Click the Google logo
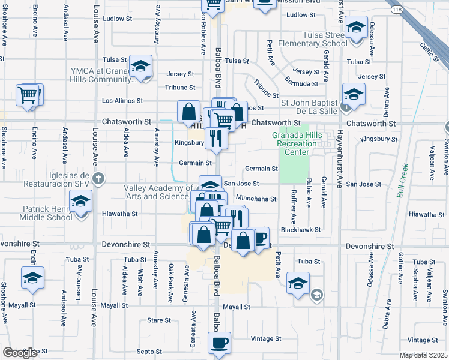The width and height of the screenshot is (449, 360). pos(20,353)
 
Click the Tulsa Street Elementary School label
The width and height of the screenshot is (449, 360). pos(317,39)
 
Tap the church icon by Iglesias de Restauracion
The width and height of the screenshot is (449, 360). pos(99,178)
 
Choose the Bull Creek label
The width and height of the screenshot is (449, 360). pos(402,181)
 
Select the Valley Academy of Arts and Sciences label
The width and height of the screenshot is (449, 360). pos(159,192)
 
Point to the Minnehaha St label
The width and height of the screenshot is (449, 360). pos(256,199)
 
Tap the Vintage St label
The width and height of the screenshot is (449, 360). pos(262,339)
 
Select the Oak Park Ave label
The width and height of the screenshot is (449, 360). pos(171,277)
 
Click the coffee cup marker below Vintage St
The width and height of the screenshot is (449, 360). pos(218,343)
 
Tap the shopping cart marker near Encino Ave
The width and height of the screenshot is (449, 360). pos(28,95)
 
